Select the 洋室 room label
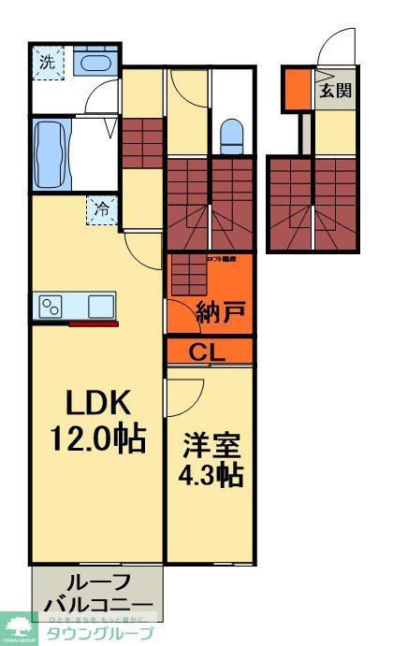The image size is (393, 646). tap(210, 443)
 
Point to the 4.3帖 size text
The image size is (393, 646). tap(211, 475)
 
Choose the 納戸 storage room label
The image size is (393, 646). tap(221, 313)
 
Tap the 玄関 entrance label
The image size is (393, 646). tap(334, 91)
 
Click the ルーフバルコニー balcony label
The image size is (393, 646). tap(97, 592)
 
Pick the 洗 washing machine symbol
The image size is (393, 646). tap(46, 63)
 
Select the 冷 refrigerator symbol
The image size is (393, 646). tap(98, 209)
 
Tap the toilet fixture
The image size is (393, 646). tap(231, 137)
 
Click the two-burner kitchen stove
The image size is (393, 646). tap(51, 307)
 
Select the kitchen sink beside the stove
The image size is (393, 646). tap(99, 306)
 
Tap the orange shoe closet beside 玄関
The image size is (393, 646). tap(297, 89)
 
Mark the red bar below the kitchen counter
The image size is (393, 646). tap(94, 324)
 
